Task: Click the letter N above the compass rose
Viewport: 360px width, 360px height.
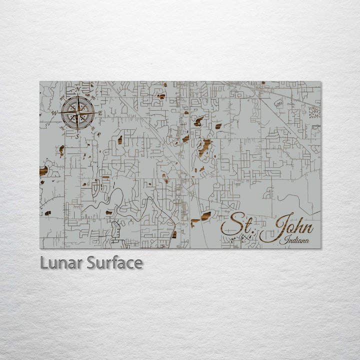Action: click(x=77, y=90)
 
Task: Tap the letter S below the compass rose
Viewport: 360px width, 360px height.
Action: click(x=77, y=135)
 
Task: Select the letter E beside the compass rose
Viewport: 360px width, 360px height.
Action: click(x=100, y=113)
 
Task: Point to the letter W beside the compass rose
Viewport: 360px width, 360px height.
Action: click(x=54, y=113)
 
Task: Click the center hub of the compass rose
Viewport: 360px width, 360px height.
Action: click(x=77, y=113)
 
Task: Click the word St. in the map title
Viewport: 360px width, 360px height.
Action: click(x=238, y=225)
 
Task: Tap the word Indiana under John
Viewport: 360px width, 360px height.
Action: click(x=295, y=240)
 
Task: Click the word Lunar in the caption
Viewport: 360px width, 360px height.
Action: click(x=61, y=263)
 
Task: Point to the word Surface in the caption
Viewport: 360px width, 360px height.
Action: click(x=114, y=263)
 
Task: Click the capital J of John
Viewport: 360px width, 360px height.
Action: click(x=272, y=227)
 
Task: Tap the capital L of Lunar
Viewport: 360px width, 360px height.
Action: click(x=44, y=263)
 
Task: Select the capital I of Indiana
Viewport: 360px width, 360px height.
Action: click(x=282, y=240)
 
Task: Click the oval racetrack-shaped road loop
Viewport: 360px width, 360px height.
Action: click(x=278, y=103)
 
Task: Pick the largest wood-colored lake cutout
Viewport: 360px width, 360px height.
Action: click(x=205, y=146)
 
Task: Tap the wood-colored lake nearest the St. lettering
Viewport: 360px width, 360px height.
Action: click(x=205, y=215)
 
